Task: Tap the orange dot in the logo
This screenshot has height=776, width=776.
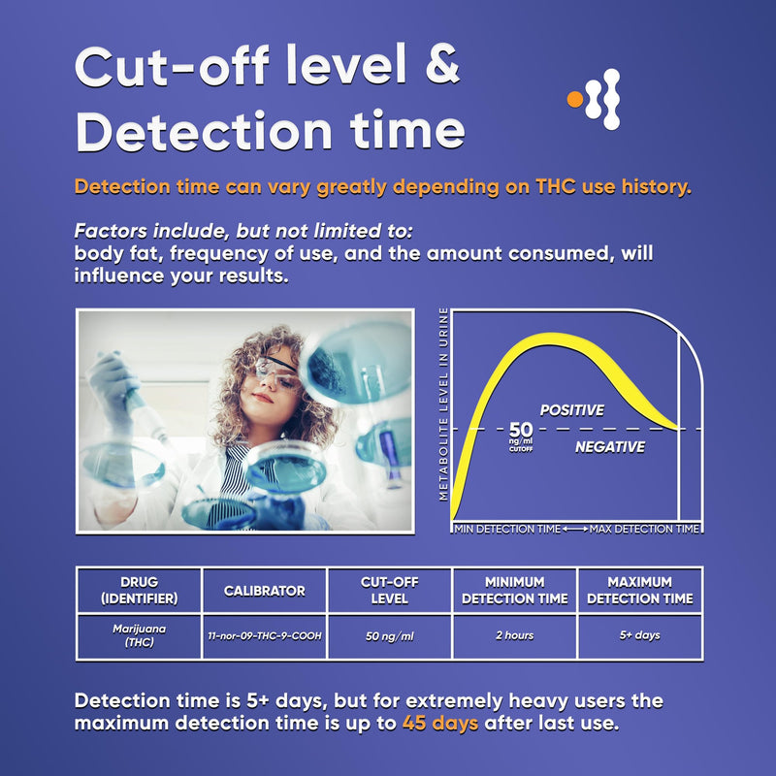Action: [574, 97]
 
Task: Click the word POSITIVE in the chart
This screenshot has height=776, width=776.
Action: [572, 410]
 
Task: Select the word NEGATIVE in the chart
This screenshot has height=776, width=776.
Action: [609, 447]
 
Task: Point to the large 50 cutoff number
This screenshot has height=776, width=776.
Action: [521, 429]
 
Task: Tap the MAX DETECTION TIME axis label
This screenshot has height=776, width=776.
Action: [644, 529]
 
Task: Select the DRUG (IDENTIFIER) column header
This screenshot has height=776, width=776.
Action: [139, 590]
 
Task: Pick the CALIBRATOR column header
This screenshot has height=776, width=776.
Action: [264, 590]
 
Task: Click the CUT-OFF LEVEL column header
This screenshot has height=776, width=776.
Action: [389, 590]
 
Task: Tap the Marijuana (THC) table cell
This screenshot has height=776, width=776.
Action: [139, 635]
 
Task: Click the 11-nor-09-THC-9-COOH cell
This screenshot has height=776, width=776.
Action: [264, 635]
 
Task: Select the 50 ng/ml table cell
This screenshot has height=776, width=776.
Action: [389, 635]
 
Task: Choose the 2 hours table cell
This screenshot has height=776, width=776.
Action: [513, 635]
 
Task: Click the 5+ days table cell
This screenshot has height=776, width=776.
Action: [639, 635]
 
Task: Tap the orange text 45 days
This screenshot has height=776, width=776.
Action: [439, 724]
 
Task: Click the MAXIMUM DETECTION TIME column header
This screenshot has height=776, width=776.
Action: [639, 590]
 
